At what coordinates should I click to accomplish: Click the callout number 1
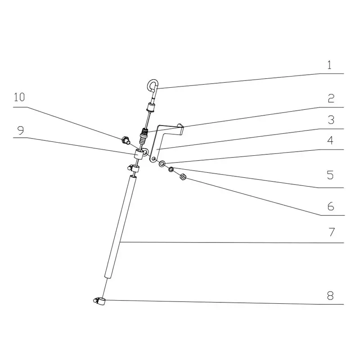[x=329, y=65]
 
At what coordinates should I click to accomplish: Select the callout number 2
[x=331, y=99]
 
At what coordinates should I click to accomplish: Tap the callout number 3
[x=331, y=120]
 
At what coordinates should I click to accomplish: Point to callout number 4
[x=331, y=140]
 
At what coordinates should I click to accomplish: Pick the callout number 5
[x=331, y=175]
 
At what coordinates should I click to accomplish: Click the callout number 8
[x=331, y=296]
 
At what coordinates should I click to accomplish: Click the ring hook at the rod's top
[x=152, y=84]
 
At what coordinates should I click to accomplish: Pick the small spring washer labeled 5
[x=171, y=170]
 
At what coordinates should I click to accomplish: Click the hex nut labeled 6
[x=183, y=177]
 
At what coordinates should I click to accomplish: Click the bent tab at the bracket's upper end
[x=181, y=129]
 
